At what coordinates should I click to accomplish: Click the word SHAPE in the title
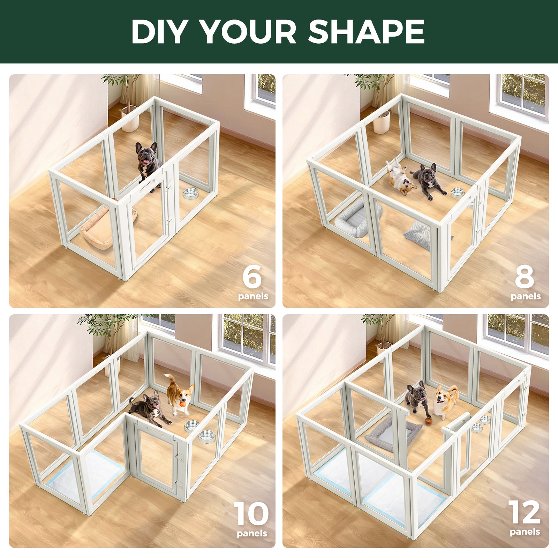click(366, 31)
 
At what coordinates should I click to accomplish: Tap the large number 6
click(252, 276)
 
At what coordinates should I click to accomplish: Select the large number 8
click(525, 276)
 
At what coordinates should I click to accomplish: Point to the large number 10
click(251, 514)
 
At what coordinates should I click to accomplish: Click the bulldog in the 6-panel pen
click(148, 162)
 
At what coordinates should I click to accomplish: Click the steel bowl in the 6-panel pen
click(190, 194)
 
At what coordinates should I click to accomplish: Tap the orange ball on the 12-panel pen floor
click(429, 421)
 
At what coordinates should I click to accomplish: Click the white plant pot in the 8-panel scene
click(382, 122)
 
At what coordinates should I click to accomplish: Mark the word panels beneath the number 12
click(525, 532)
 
